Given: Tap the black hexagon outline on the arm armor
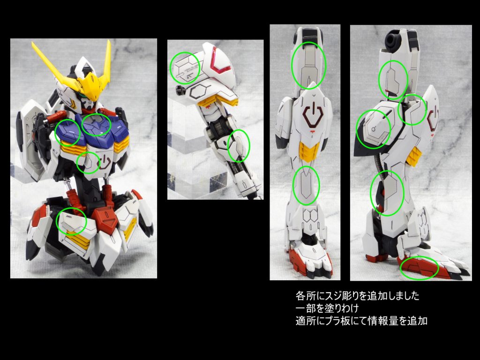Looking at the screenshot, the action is (x=199, y=91).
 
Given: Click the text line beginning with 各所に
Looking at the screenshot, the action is (x=357, y=296).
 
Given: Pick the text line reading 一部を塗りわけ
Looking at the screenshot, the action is (x=327, y=308).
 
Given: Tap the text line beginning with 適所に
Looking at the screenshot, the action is (x=361, y=321).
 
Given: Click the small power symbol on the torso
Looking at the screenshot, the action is (x=104, y=163).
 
